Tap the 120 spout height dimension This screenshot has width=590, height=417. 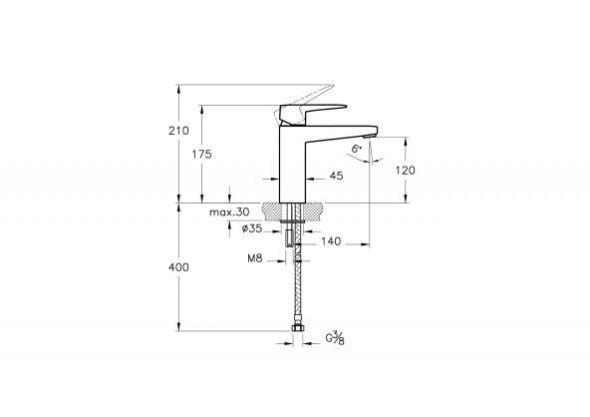pos(406,170)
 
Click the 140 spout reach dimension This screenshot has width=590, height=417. pos(331,240)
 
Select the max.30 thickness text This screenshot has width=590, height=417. pos(229,212)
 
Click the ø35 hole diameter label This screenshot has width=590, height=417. pos(252,228)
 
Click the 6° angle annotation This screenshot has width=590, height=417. pos(356,149)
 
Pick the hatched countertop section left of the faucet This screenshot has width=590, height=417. pos(272,210)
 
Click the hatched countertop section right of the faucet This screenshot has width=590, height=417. pos(315,210)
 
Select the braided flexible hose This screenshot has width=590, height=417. pos(296,289)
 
